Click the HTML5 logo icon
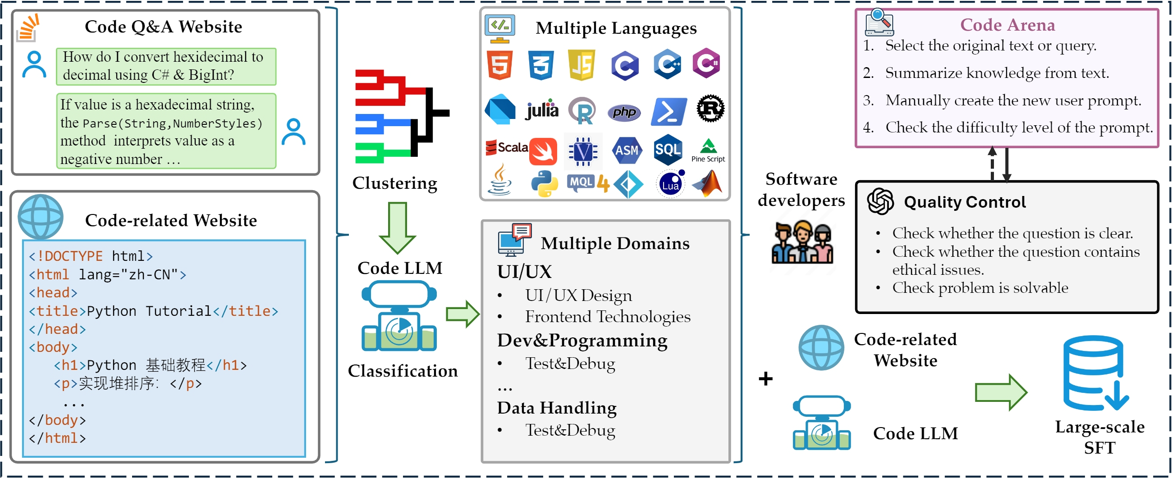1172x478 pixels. click(499, 65)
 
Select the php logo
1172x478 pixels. click(624, 112)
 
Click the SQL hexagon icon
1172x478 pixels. click(668, 150)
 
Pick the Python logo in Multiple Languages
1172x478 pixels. click(544, 184)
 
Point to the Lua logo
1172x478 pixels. click(671, 184)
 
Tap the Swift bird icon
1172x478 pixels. click(543, 151)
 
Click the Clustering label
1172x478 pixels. click(394, 183)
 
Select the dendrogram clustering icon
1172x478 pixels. click(401, 116)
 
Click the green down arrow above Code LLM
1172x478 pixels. click(397, 228)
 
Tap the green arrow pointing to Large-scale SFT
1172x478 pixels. click(1000, 392)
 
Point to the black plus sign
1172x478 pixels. click(765, 378)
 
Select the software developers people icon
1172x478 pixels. click(802, 243)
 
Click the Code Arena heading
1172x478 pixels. click(1007, 25)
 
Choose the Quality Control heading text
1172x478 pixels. click(965, 202)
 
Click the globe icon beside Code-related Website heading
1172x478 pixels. click(41, 217)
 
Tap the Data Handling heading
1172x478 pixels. click(556, 408)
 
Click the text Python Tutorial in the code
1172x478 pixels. click(149, 311)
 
